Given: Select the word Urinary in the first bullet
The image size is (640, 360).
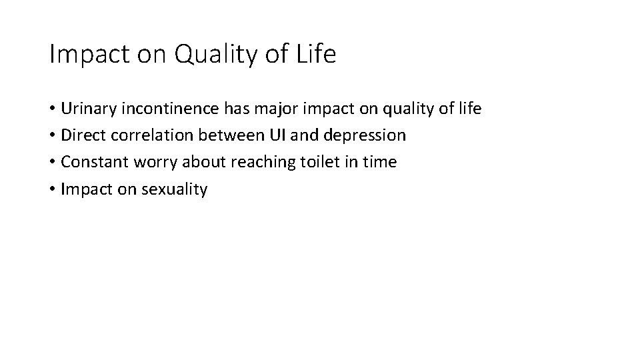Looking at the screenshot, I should (x=87, y=109).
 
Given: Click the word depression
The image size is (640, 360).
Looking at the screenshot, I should (x=365, y=136).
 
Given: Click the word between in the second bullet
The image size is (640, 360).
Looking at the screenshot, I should (x=225, y=135).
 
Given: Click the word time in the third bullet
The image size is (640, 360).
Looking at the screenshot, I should (x=381, y=162).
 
